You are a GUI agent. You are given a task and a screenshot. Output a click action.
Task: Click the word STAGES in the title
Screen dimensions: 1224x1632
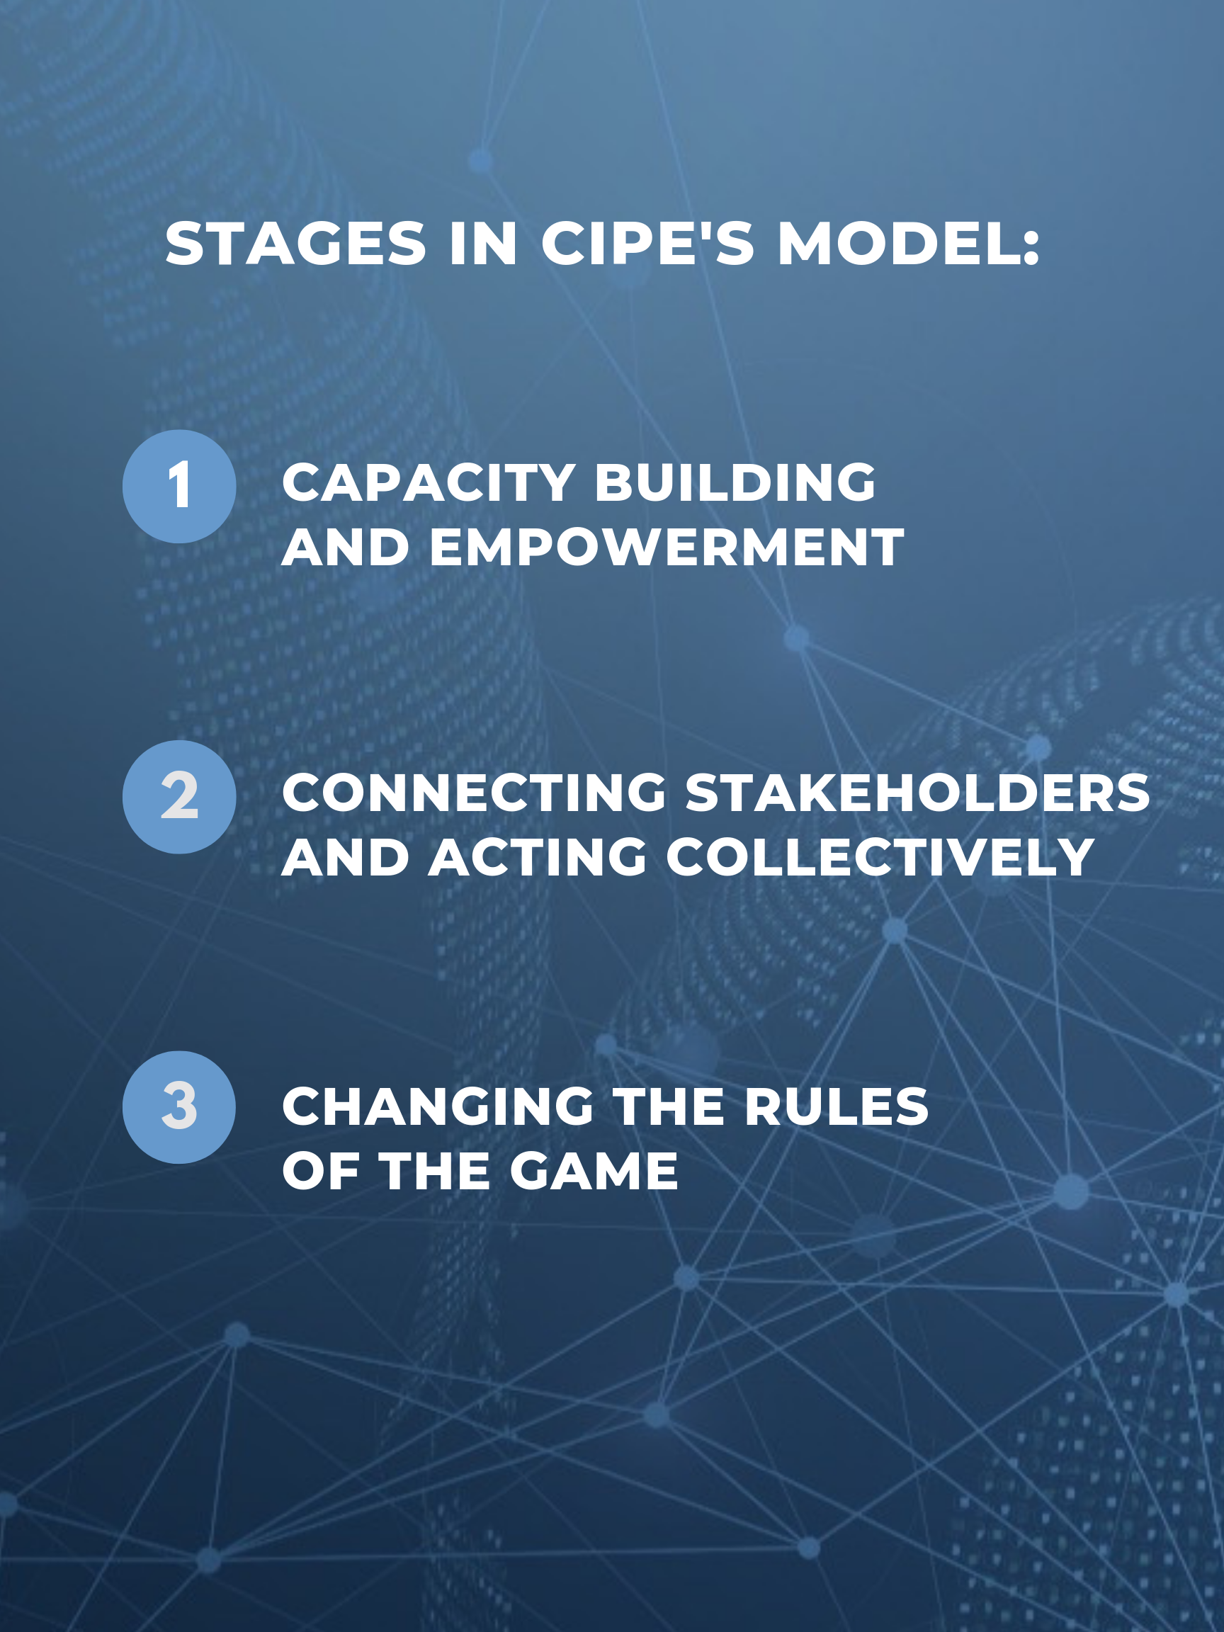pyautogui.click(x=296, y=244)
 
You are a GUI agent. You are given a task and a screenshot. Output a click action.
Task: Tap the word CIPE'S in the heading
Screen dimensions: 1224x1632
pyautogui.click(x=648, y=244)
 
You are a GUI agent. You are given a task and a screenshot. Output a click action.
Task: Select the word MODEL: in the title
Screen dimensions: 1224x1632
pyautogui.click(x=908, y=244)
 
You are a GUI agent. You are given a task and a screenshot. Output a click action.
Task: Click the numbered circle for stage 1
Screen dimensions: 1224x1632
pyautogui.click(x=179, y=487)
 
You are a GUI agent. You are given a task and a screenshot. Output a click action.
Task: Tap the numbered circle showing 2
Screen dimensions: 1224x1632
pyautogui.click(x=179, y=797)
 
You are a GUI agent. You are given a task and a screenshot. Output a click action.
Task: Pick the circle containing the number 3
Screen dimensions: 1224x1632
pyautogui.click(x=179, y=1106)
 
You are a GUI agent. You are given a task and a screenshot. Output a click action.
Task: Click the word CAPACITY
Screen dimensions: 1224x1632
pyautogui.click(x=429, y=483)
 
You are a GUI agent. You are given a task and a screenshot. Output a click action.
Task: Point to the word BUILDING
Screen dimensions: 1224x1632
pyautogui.click(x=735, y=483)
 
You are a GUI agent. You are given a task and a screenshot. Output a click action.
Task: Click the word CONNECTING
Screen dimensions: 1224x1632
pyautogui.click(x=475, y=793)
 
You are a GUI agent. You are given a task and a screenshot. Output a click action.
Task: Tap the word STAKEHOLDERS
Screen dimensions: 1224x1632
pyautogui.click(x=917, y=793)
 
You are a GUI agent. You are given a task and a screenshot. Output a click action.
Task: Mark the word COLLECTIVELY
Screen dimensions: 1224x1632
pyautogui.click(x=880, y=857)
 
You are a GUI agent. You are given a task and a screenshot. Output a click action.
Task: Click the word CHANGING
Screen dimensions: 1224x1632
pyautogui.click(x=438, y=1106)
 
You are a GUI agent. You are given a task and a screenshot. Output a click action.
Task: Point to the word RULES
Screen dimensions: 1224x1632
pyautogui.click(x=837, y=1106)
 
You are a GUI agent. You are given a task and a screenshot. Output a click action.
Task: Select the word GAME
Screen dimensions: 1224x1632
pyautogui.click(x=594, y=1171)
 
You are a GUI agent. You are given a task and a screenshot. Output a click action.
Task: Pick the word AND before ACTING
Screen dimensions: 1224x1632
pyautogui.click(x=345, y=857)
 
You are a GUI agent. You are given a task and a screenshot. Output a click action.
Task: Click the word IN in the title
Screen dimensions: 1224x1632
pyautogui.click(x=483, y=244)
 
